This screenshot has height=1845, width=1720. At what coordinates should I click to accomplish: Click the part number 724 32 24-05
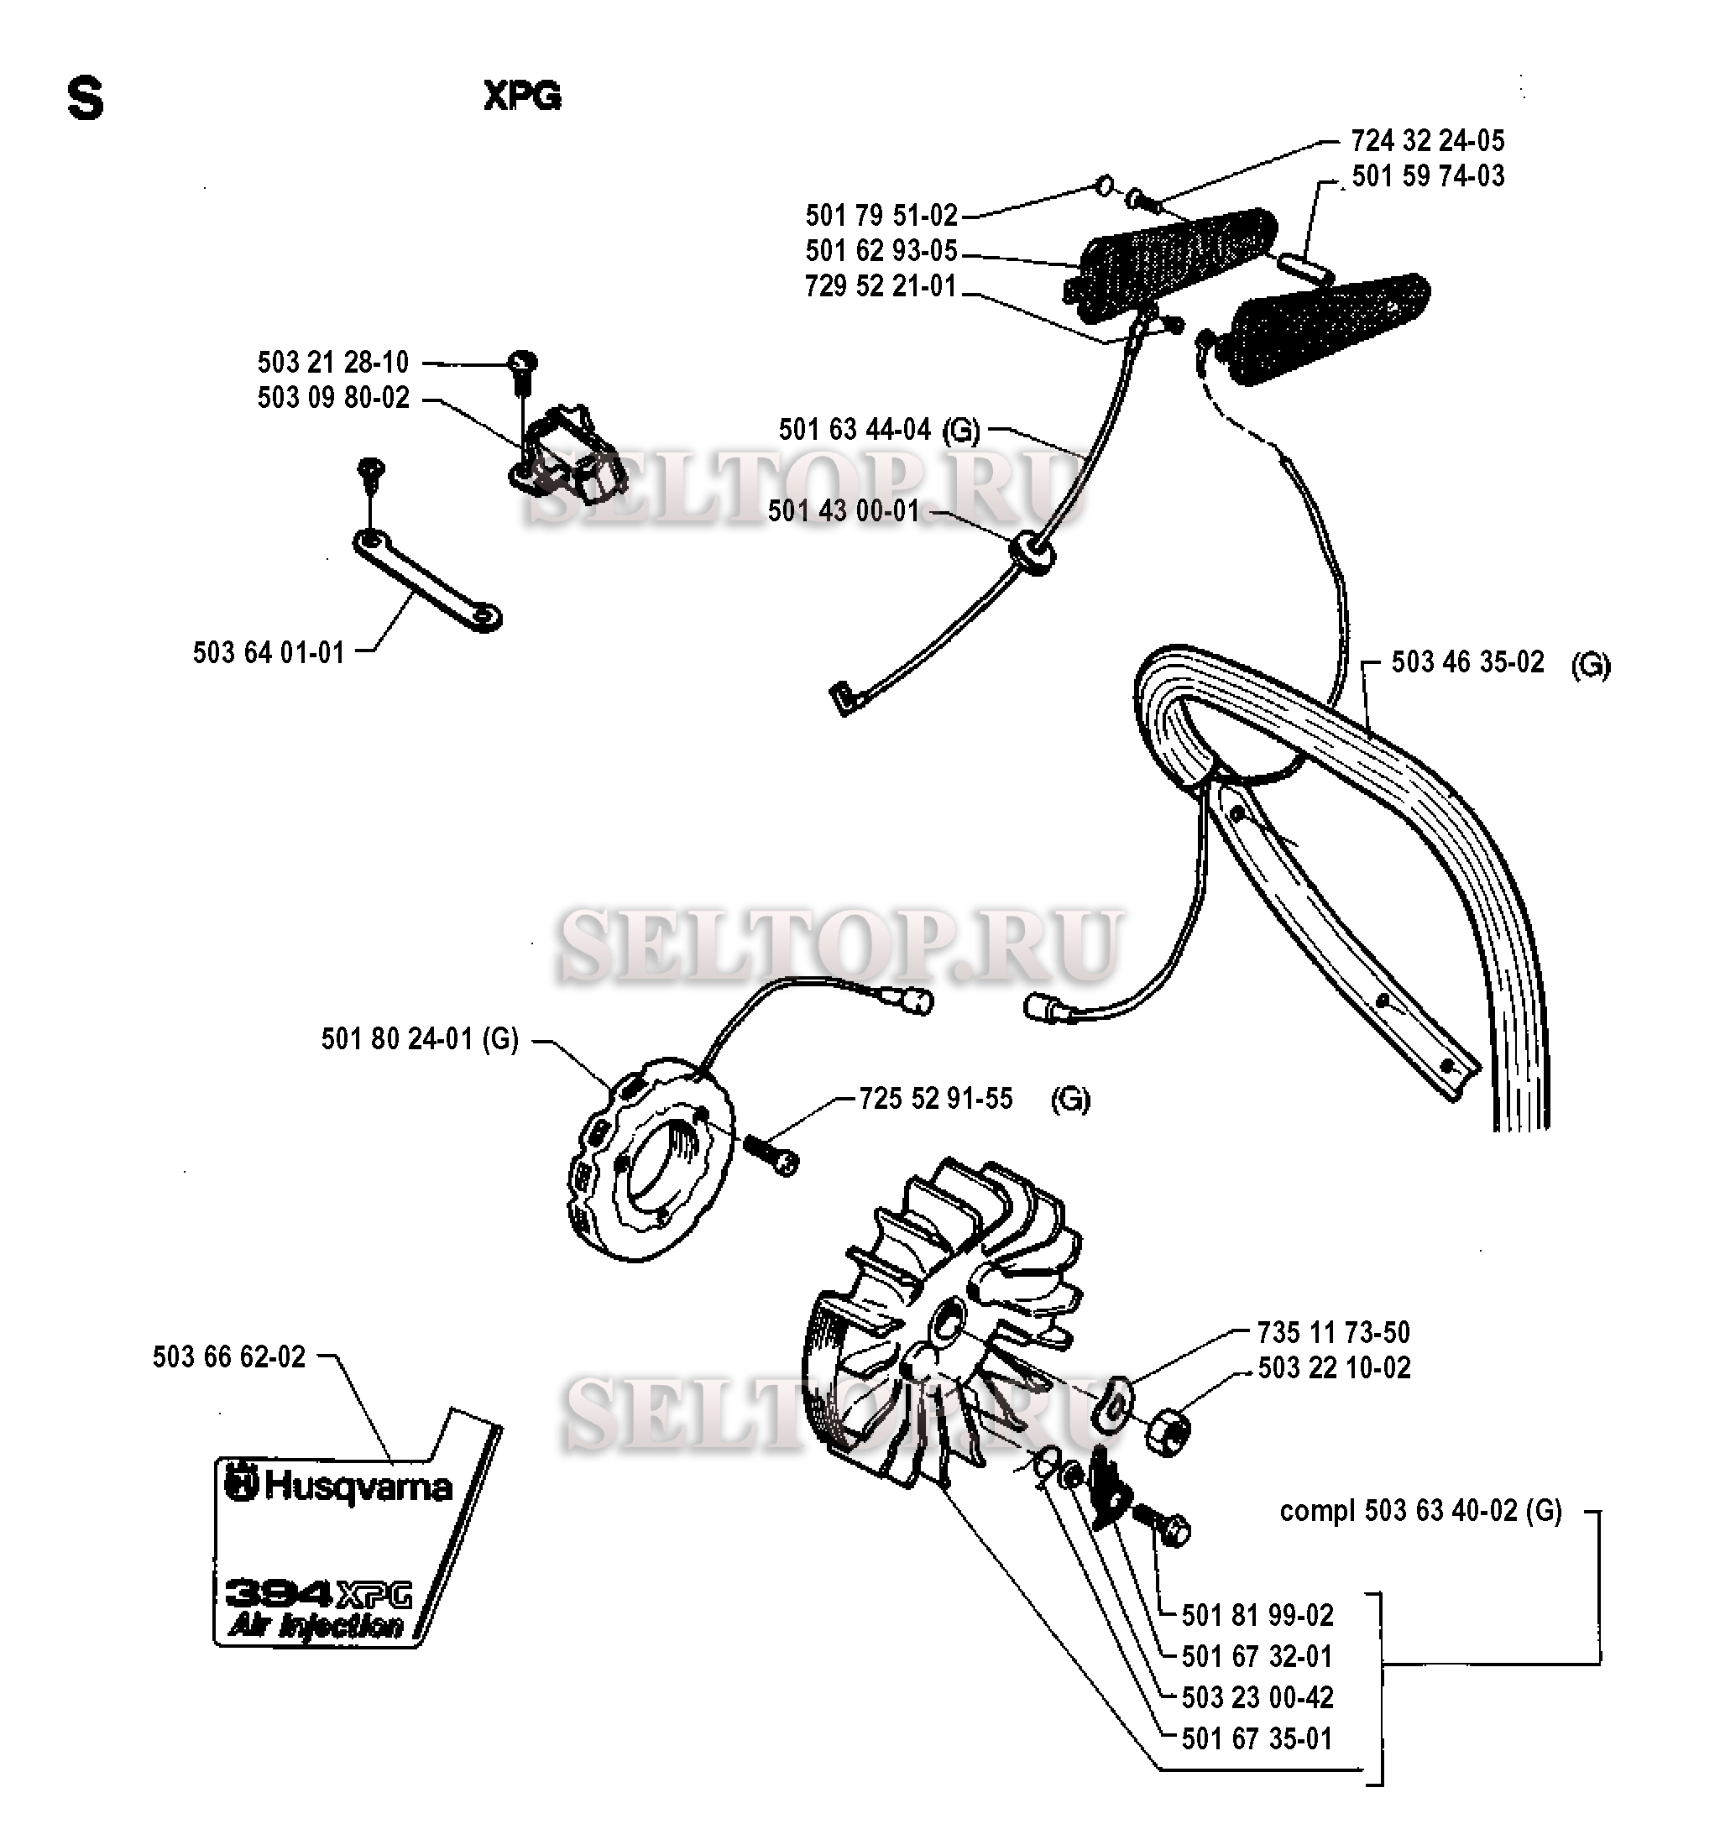click(1427, 141)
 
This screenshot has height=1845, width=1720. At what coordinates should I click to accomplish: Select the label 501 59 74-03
click(1428, 176)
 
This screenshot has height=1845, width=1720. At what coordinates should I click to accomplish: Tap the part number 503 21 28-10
click(333, 362)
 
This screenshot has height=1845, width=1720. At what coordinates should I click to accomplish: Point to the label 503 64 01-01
click(269, 653)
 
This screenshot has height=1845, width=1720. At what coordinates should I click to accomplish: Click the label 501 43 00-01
click(843, 511)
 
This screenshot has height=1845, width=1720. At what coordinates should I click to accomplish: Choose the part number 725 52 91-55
click(936, 1100)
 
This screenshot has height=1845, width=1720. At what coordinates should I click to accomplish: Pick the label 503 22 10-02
click(1334, 1368)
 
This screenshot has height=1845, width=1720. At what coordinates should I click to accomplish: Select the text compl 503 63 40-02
click(1420, 1511)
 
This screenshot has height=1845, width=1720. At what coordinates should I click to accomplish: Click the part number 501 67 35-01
click(1257, 1739)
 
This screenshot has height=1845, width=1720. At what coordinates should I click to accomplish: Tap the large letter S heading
click(86, 99)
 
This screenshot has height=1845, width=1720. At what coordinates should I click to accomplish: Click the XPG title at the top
click(523, 97)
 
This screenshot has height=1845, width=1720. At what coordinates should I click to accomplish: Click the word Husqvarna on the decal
click(358, 1487)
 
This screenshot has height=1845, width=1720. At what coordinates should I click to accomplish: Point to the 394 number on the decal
click(279, 1593)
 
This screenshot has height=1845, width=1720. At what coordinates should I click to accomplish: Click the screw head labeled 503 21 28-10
click(525, 363)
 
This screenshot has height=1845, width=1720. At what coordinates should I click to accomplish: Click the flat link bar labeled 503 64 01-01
click(427, 580)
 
